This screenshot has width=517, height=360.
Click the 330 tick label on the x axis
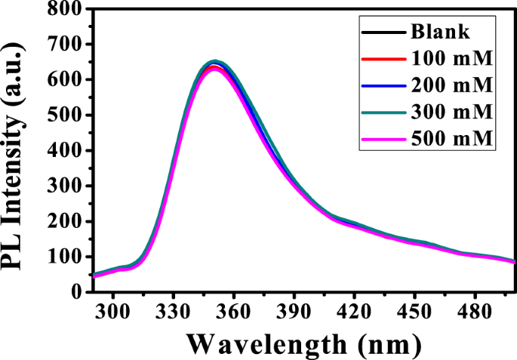[x=173, y=310]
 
